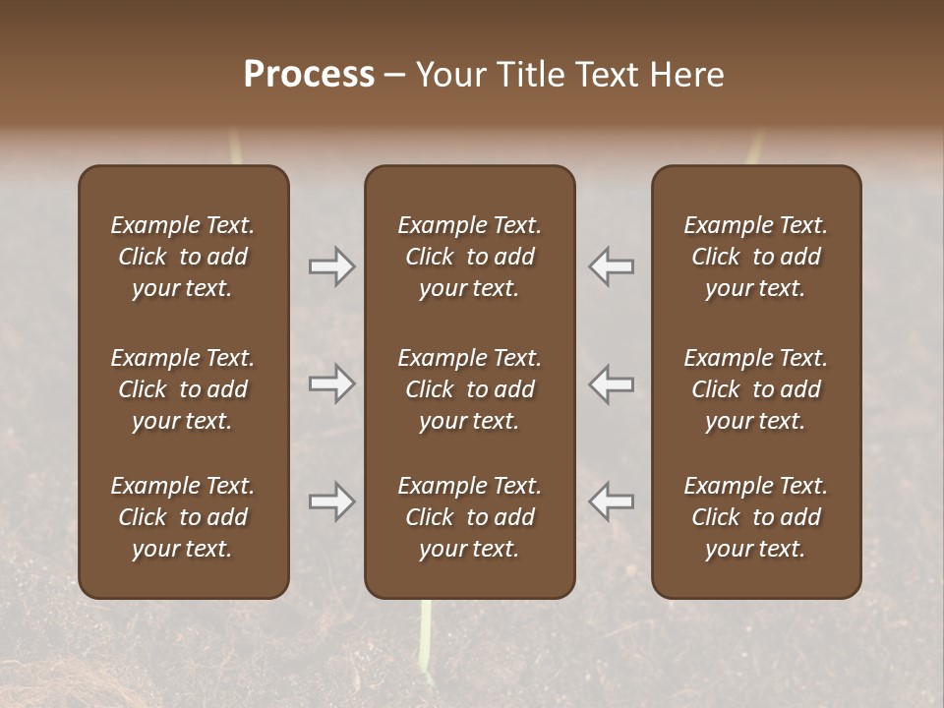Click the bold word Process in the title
[309, 75]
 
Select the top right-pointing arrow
[331, 266]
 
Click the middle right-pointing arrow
[331, 383]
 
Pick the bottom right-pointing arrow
[331, 501]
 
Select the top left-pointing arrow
[612, 266]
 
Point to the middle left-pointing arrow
[612, 383]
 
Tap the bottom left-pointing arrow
[612, 501]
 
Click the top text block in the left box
[183, 257]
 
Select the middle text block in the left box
[183, 389]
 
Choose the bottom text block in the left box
[183, 517]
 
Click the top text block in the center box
[469, 257]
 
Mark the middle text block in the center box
[469, 389]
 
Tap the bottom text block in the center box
[469, 517]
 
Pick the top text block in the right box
[756, 257]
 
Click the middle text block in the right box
[756, 389]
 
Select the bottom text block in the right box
[756, 517]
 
